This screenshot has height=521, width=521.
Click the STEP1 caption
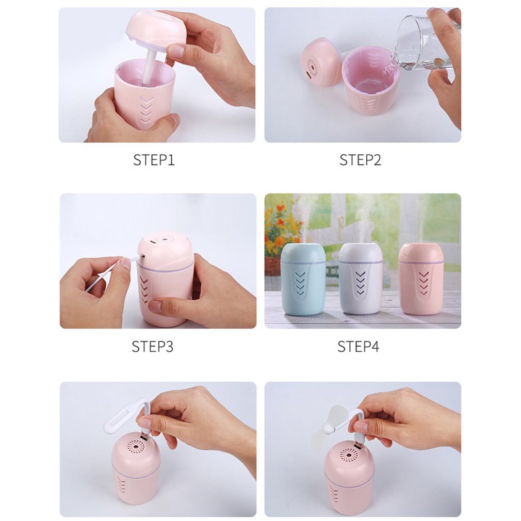click(x=154, y=160)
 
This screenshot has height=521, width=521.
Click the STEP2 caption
click(x=360, y=160)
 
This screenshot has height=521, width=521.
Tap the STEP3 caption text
click(x=152, y=346)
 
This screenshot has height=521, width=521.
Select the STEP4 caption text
click(x=358, y=346)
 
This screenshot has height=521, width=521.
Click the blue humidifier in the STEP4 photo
click(x=303, y=279)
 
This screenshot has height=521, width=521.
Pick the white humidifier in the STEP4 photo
click(x=361, y=279)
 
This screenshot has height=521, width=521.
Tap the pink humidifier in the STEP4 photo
click(x=420, y=279)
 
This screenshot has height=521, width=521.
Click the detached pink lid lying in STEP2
click(x=321, y=62)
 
